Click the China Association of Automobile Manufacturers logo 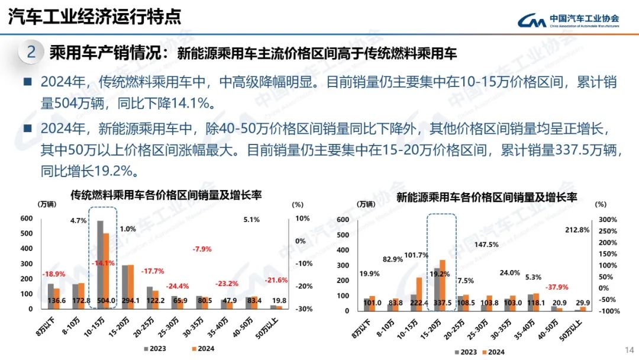[568, 20]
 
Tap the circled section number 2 [31, 53]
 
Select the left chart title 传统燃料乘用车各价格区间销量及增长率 [166, 194]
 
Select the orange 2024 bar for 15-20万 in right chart [442, 285]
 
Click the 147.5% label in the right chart [486, 244]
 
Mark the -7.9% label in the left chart [202, 249]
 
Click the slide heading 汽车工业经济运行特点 [95, 17]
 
